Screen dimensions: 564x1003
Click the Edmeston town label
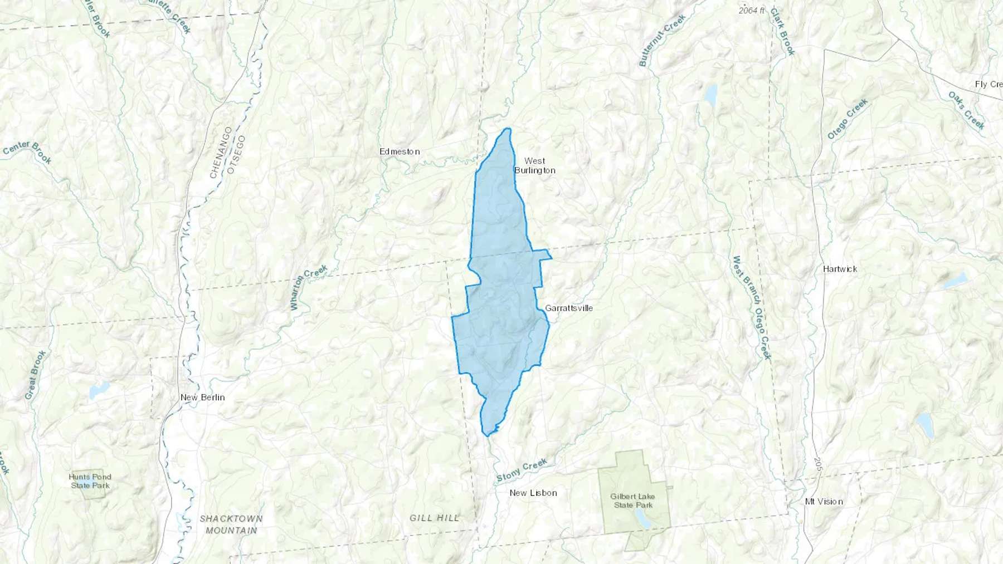click(x=399, y=151)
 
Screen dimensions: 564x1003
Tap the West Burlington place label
click(x=534, y=165)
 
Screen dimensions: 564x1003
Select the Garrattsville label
click(x=568, y=308)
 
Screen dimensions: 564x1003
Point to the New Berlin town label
click(x=202, y=397)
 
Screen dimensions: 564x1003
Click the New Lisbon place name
click(x=533, y=493)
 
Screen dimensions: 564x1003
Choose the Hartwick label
click(x=840, y=269)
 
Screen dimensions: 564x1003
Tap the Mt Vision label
click(x=824, y=501)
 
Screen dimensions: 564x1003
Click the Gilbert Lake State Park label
click(x=632, y=501)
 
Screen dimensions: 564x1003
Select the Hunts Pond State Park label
click(x=90, y=481)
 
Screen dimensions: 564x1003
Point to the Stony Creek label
click(x=522, y=470)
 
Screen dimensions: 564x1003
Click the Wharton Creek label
click(x=308, y=287)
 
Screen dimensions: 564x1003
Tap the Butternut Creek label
click(x=662, y=41)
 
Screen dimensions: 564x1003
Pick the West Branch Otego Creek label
click(x=752, y=308)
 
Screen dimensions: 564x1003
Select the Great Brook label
click(x=35, y=375)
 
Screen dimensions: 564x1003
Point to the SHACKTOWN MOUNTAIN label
click(x=231, y=524)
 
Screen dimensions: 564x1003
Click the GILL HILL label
click(x=435, y=518)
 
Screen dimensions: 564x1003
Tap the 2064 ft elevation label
click(x=752, y=11)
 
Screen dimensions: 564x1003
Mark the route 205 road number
click(x=817, y=462)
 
